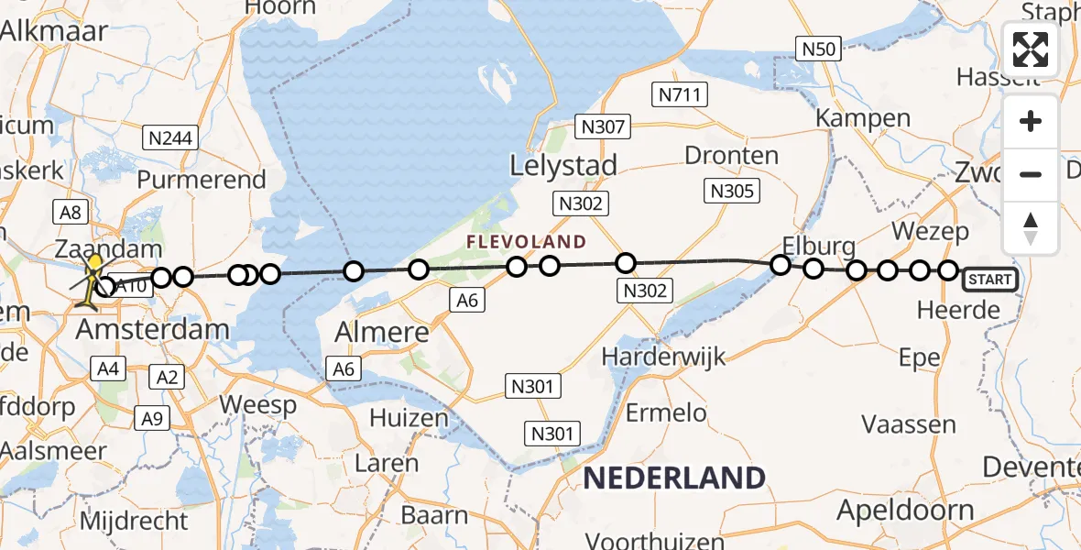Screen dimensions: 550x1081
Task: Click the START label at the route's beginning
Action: (989, 280)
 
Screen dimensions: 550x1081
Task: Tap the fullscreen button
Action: (1031, 49)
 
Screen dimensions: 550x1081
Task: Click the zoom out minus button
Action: (1031, 174)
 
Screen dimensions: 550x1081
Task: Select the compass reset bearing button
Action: (1031, 227)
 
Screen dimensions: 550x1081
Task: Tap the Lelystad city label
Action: (564, 166)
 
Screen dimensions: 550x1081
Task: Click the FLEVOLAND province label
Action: (526, 242)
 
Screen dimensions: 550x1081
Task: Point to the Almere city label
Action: (383, 331)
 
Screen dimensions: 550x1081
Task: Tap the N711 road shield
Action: (676, 93)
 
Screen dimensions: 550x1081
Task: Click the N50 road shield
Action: (818, 49)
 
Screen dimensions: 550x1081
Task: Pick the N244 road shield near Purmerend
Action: (171, 138)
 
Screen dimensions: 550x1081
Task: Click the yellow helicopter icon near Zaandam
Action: (93, 280)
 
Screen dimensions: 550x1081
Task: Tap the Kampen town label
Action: (863, 117)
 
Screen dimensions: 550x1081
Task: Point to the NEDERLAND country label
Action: (673, 478)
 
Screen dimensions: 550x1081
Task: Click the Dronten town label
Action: (731, 154)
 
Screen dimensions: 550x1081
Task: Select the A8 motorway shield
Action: (71, 213)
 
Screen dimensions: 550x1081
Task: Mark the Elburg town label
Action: (819, 246)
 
